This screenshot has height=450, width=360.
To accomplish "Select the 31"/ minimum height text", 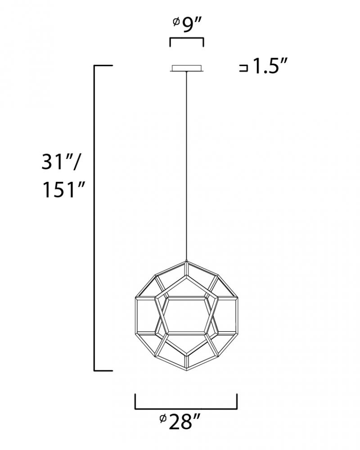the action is click(x=60, y=162).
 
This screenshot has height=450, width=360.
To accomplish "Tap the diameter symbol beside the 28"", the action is click(x=163, y=419).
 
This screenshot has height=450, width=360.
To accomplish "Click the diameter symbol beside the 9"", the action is click(x=176, y=21).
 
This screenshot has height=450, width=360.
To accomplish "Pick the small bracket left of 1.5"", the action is click(x=243, y=68).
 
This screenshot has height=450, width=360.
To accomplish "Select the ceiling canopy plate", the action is click(x=187, y=68).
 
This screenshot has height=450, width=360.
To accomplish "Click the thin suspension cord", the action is click(x=187, y=166).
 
